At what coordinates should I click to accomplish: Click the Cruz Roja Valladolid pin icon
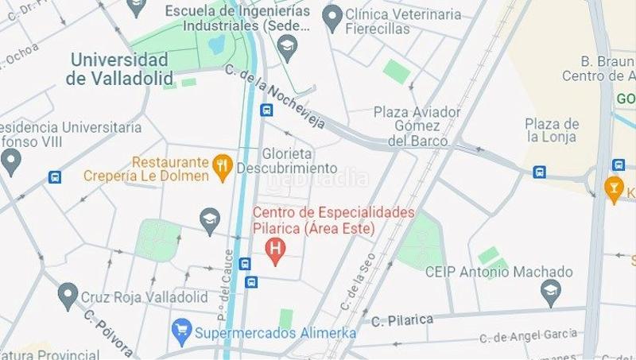tap(68, 296)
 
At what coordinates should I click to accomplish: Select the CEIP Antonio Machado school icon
tap(549, 292)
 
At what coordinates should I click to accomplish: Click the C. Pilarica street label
tap(402, 319)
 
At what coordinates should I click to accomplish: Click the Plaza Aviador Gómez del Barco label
tap(417, 126)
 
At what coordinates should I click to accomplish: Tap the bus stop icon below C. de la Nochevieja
tap(266, 110)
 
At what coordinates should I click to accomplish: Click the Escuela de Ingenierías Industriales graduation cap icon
tap(287, 52)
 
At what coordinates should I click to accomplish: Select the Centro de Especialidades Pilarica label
tap(334, 220)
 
